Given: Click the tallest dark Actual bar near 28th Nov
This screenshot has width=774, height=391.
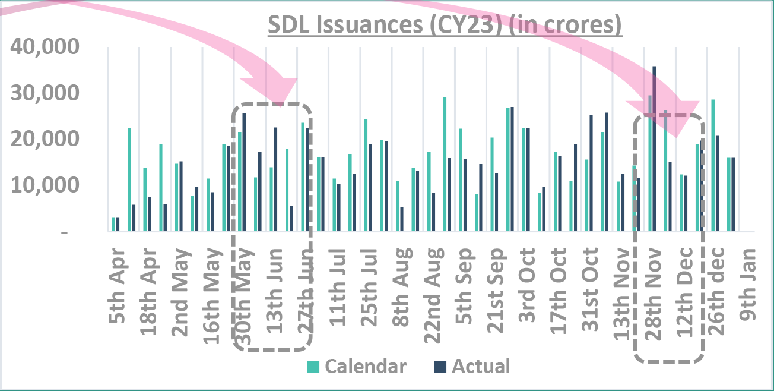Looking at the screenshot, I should coord(654,149).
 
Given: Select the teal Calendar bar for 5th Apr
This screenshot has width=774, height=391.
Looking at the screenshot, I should coord(113,224).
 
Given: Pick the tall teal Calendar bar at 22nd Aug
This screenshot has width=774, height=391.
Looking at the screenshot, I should coord(445,164).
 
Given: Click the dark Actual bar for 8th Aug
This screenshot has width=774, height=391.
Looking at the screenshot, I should coord(402,219).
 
